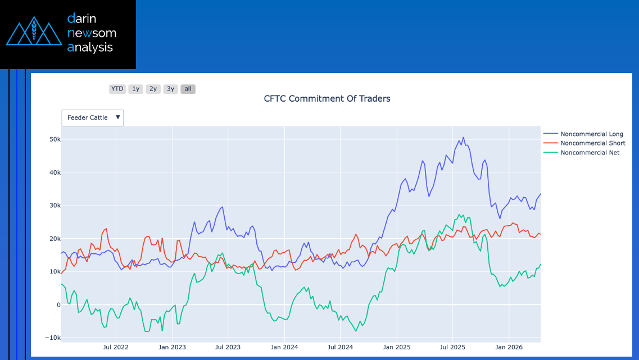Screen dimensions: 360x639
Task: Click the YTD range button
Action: (117, 89)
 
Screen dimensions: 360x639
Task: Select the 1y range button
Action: (135, 89)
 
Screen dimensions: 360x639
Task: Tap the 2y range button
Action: (153, 89)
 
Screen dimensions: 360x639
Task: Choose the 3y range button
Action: (170, 89)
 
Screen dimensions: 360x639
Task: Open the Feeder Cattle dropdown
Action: (93, 117)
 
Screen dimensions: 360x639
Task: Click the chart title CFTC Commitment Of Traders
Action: (327, 99)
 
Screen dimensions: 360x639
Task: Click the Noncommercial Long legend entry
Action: (591, 134)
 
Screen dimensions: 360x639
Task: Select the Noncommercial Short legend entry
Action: (592, 143)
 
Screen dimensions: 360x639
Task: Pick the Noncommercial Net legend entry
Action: (590, 153)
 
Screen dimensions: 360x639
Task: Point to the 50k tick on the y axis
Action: (54, 139)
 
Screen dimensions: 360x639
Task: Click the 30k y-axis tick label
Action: (54, 206)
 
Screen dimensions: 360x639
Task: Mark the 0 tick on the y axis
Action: (58, 305)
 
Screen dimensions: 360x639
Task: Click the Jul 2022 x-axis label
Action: (116, 347)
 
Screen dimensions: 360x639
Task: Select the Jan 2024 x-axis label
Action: (284, 347)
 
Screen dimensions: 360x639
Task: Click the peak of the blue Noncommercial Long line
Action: (463, 137)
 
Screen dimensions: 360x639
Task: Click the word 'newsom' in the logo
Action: (92, 33)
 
